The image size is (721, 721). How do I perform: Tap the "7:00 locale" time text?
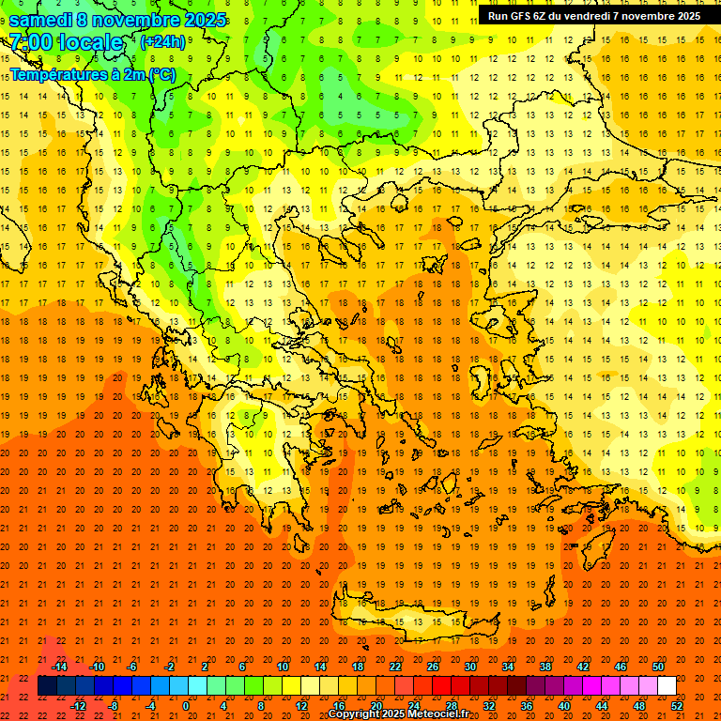coord(66,42)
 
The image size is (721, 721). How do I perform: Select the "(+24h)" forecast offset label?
coord(162,41)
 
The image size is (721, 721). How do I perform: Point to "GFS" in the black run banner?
coord(522,16)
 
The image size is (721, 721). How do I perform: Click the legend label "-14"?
coord(59,667)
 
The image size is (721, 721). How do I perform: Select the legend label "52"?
coord(677,706)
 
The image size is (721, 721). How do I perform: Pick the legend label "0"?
coord(186,706)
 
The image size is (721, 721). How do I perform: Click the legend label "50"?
coord(657,667)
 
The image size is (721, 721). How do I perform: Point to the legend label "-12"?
coord(78,706)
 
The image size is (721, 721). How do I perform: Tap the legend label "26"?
coord(433,667)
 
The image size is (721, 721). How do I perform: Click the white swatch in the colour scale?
coord(667,686)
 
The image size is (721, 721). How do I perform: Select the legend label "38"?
coord(545,667)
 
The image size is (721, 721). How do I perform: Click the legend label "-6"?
coord(132,667)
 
